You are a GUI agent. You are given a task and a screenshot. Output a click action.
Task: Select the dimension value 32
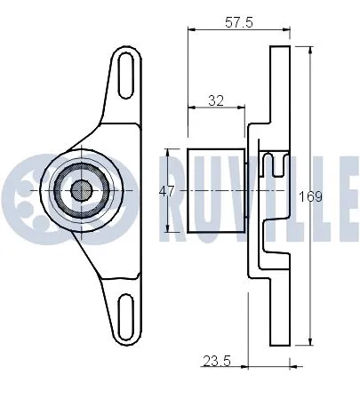point(215,101)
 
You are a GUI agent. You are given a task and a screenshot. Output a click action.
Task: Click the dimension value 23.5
point(212,360)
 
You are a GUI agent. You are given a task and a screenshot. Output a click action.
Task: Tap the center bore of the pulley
point(80,189)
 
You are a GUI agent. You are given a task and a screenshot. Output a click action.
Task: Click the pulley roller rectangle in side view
point(212,189)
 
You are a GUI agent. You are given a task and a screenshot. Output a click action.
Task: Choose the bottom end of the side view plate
point(281,345)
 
